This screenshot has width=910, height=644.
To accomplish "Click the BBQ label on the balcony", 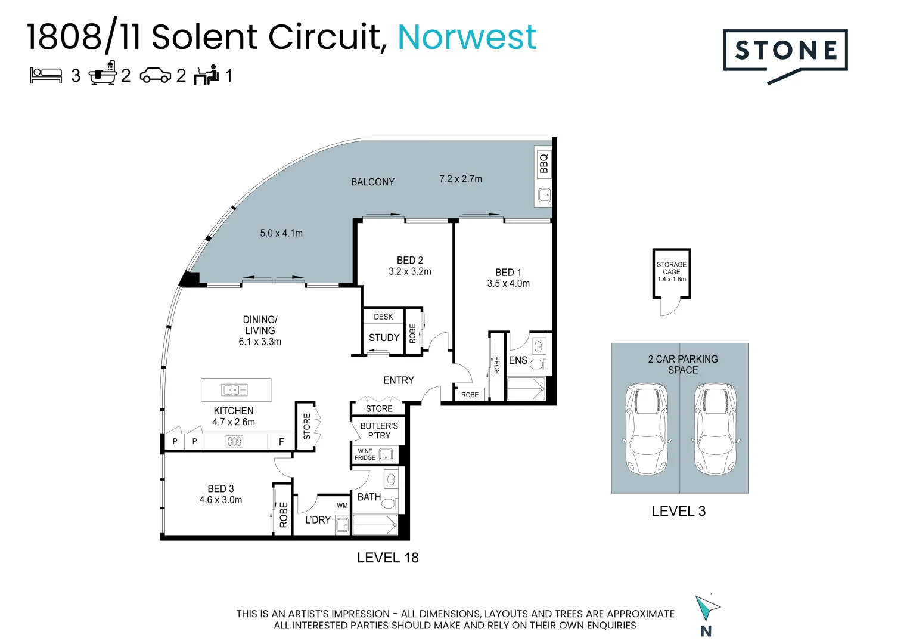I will point(543,163).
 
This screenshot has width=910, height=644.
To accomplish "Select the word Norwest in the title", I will point(467,37).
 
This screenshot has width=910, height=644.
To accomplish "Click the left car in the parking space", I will point(646,429).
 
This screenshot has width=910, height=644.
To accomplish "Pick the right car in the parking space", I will point(715,429).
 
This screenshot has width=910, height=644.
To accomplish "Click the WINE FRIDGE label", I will point(365,454).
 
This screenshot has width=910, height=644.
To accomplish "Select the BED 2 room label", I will point(410,261).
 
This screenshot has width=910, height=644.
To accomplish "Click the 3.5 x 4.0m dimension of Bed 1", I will point(508,284).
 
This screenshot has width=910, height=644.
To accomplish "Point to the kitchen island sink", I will point(235,390).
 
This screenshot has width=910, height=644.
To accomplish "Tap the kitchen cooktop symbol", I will point(234,442).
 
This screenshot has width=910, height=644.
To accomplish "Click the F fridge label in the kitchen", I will point(281,442).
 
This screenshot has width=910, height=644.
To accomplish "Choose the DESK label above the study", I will point(383,317).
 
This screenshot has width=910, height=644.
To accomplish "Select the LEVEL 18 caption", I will point(387,558).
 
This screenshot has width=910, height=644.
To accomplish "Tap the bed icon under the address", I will point(46,75).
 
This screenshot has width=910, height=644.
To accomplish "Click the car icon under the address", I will point(155,76).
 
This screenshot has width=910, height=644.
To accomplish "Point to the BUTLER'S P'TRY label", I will point(379,431).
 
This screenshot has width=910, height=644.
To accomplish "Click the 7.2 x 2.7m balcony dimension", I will point(461,179).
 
